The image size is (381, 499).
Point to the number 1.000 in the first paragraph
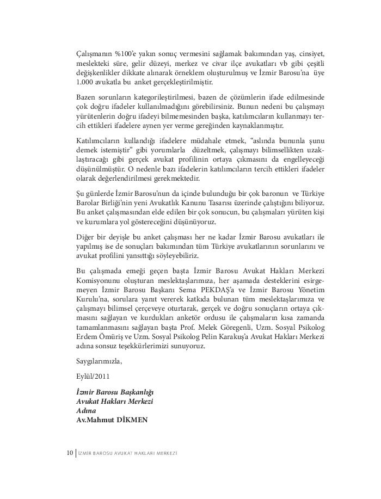[x=86, y=83]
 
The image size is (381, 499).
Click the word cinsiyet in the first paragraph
[x=311, y=54]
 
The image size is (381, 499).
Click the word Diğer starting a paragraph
[x=86, y=237]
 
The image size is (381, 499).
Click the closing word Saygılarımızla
[x=100, y=360]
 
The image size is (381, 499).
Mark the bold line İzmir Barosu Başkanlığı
[x=115, y=392]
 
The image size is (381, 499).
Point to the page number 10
[x=69, y=453]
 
